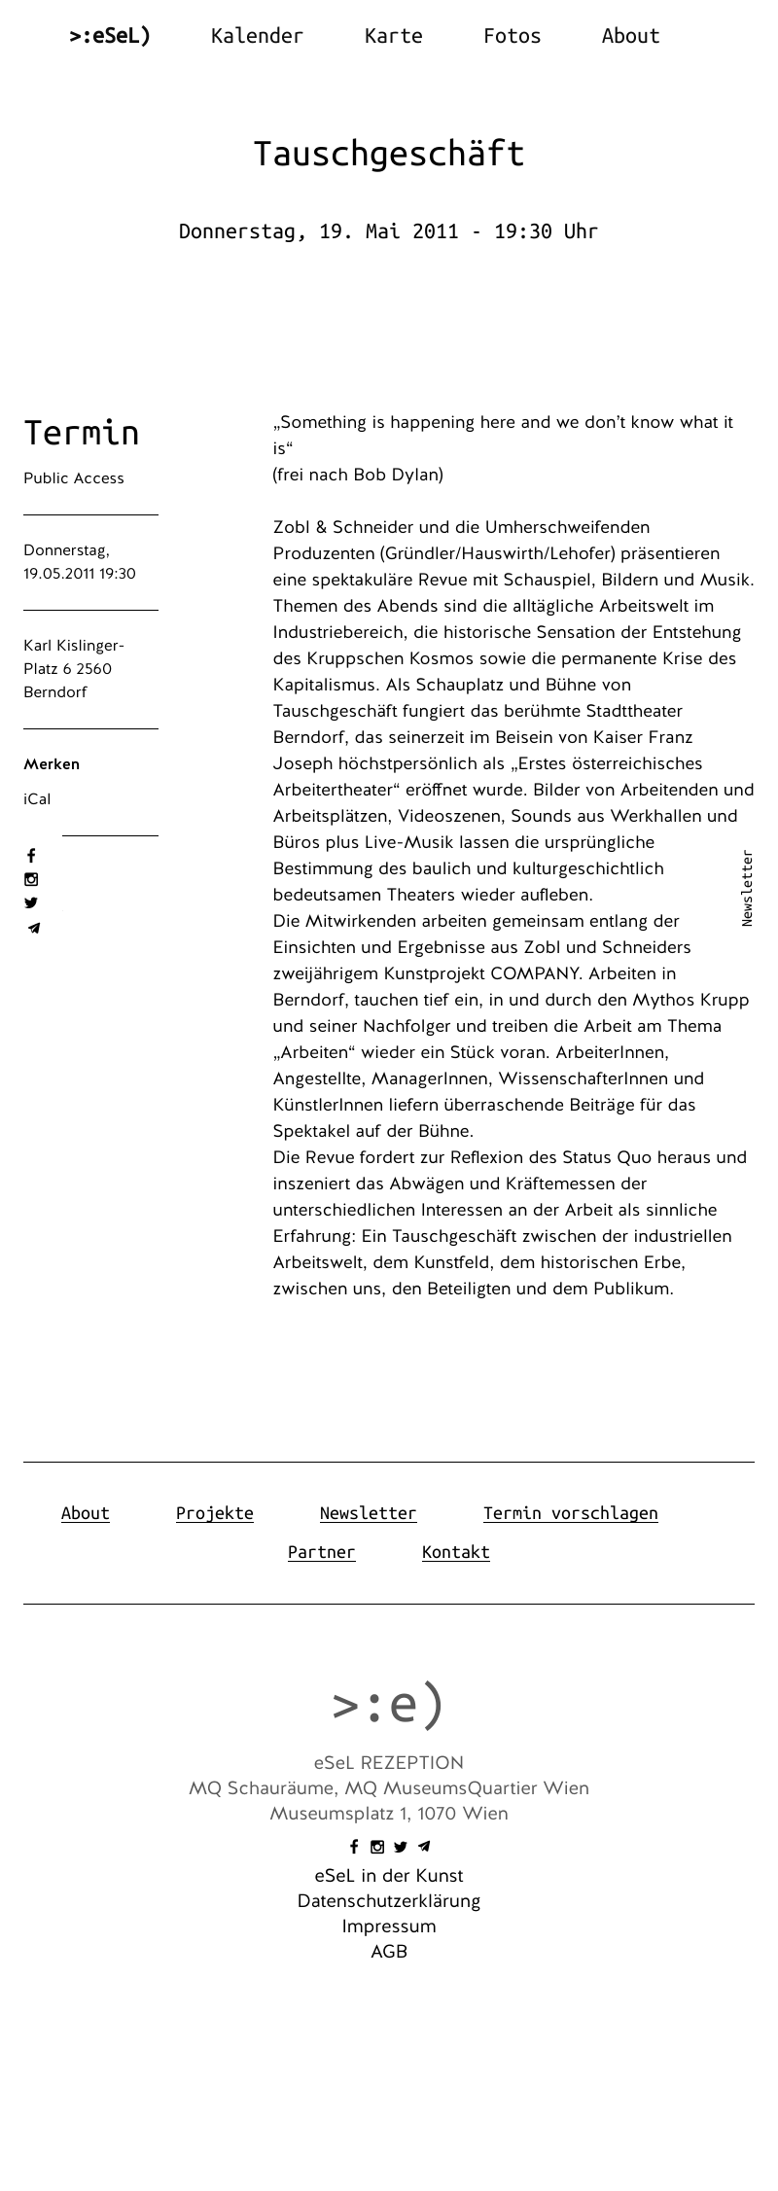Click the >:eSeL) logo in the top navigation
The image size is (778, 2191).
110,36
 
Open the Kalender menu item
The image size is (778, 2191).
257,36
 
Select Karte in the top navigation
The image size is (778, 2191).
393,36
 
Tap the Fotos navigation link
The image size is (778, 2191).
512,36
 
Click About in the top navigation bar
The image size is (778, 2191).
630,36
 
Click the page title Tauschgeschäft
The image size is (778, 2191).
389,154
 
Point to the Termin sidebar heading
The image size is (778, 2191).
82,433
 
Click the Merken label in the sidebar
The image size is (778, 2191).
52,764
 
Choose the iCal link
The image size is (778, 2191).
37,799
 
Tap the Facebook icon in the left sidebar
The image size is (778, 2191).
31,856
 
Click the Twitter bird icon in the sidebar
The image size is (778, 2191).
31,902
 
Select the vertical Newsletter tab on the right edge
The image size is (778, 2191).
747,888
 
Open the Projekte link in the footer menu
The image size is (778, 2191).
214,1513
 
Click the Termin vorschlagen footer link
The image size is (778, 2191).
570,1513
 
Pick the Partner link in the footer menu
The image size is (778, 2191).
321,1552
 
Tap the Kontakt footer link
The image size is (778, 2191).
455,1552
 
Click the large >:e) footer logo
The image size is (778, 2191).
389,1703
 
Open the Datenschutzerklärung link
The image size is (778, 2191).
389,1901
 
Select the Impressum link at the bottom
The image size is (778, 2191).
389,1926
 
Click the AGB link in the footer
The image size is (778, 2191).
389,1952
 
